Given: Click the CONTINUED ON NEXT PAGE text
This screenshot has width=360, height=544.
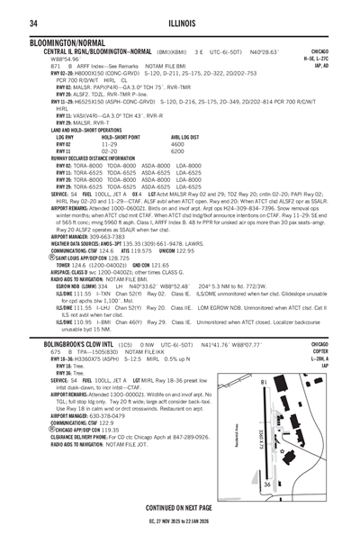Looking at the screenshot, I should (180, 507).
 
